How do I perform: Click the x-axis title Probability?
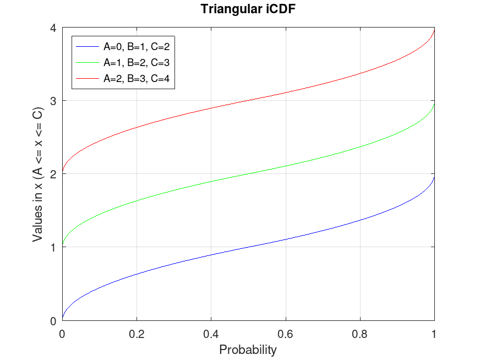[x=248, y=350]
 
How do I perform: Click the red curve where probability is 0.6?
[x=286, y=92]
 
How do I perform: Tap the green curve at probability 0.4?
[x=211, y=182]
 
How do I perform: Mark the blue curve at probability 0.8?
[x=360, y=220]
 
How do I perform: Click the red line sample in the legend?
[x=88, y=79]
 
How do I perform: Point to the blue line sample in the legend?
[x=88, y=46]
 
